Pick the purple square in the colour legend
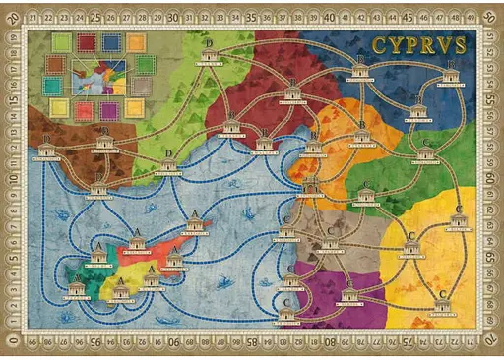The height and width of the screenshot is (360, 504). (108, 109)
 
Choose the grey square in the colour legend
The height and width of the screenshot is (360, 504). (142, 86)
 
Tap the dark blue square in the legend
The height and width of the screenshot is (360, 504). (110, 42)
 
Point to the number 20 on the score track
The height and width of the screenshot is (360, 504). (12, 18)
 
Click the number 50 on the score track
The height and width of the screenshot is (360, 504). (489, 18)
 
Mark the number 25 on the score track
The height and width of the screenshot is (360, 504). (96, 17)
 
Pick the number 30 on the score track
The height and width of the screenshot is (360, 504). (173, 17)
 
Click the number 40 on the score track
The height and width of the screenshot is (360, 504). (328, 17)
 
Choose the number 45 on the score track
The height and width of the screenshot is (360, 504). (407, 17)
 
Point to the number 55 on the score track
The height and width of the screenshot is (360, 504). (489, 100)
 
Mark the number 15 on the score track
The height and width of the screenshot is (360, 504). (12, 100)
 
